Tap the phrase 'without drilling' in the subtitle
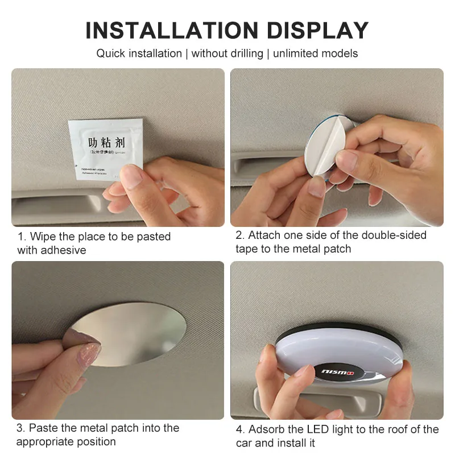point(227,53)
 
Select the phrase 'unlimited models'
point(316,53)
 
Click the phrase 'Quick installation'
point(139,53)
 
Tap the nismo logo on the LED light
point(336,370)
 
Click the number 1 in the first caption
point(20,236)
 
